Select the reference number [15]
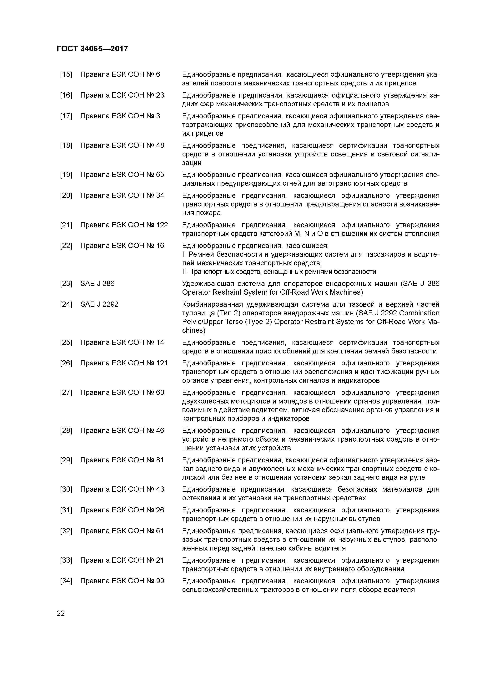tap(66, 74)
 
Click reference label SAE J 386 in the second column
tap(97, 283)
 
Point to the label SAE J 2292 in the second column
tap(99, 304)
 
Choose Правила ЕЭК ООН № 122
tap(124, 225)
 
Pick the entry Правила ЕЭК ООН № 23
tap(122, 95)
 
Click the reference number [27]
tap(66, 393)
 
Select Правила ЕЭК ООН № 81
tap(122, 460)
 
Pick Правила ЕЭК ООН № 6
tap(120, 74)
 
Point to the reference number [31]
tap(66, 510)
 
